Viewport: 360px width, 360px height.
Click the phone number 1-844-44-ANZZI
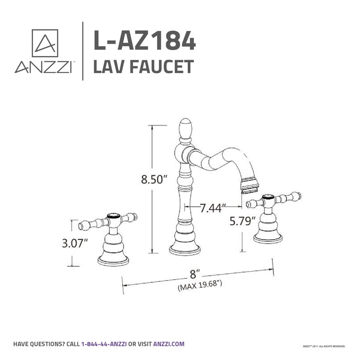tap(104, 344)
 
